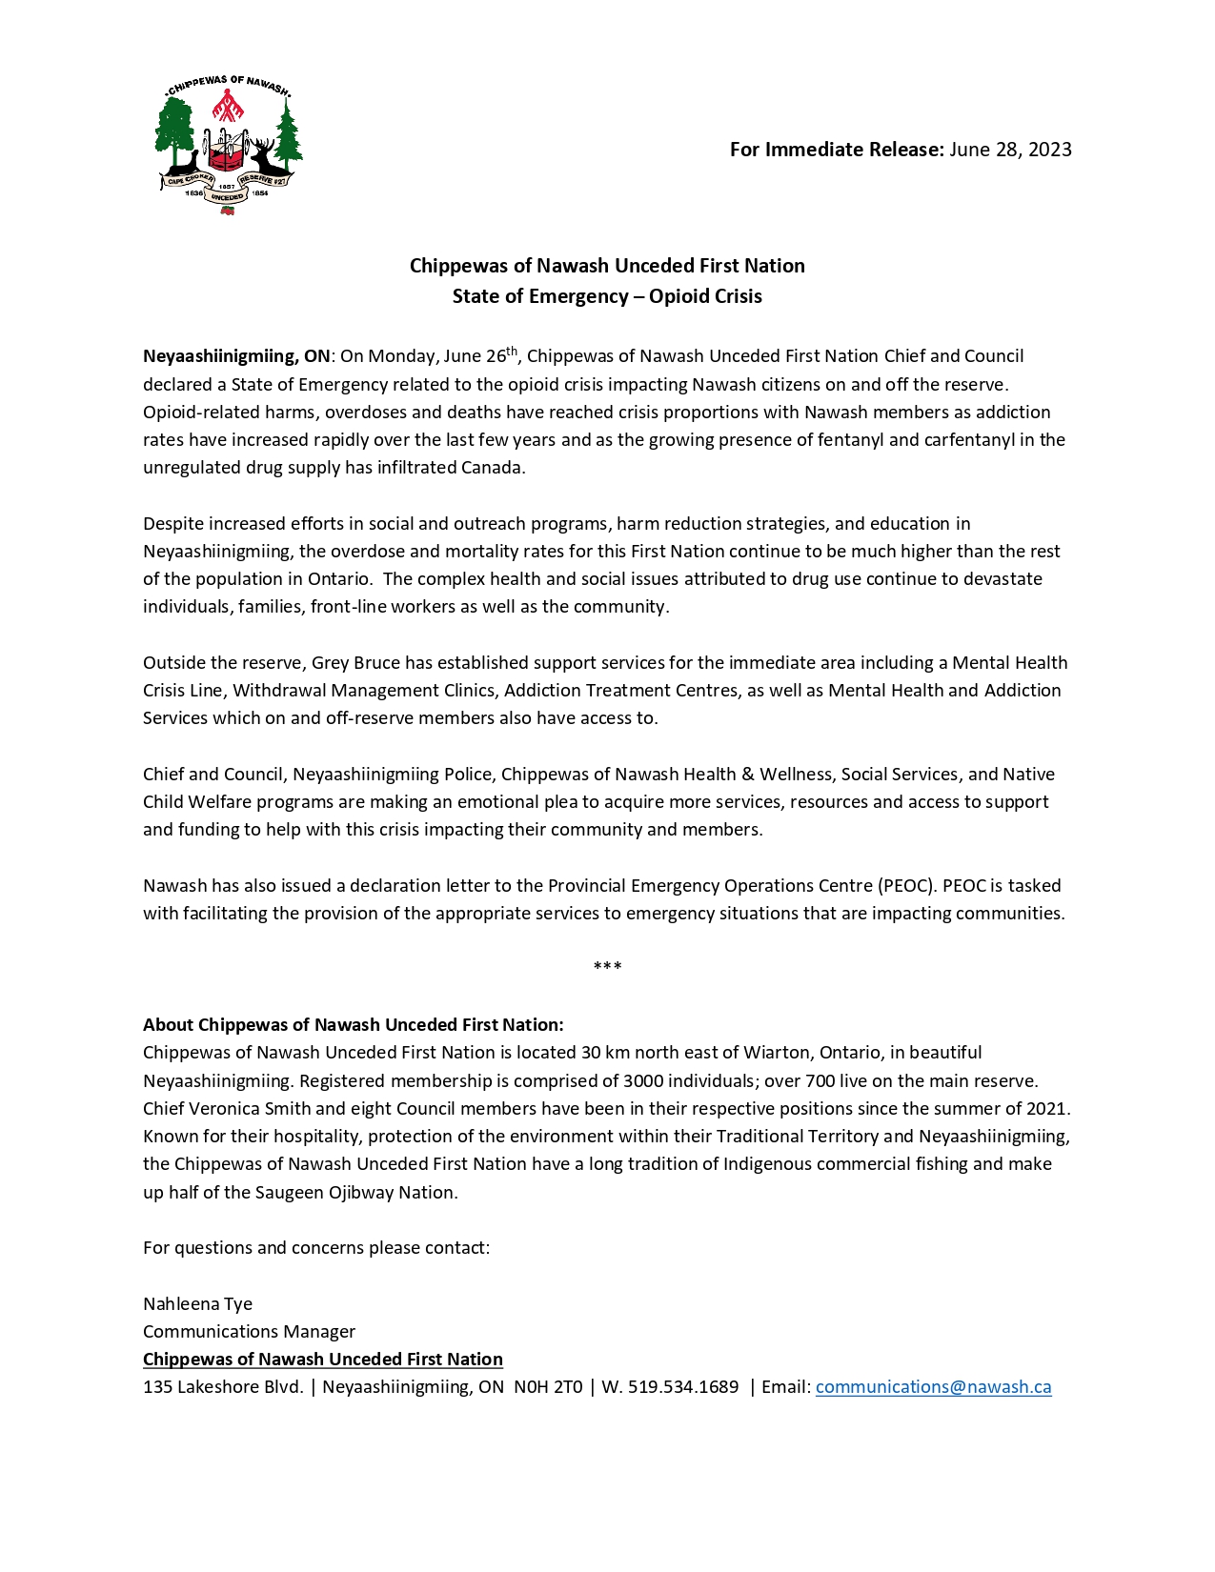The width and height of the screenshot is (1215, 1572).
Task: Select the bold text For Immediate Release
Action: pyautogui.click(x=836, y=150)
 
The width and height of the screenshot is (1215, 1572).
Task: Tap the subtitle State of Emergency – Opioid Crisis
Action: pyautogui.click(x=607, y=296)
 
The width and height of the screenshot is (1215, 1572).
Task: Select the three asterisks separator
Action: pyautogui.click(x=607, y=968)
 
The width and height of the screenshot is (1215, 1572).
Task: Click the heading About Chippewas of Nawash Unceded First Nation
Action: pyautogui.click(x=354, y=1025)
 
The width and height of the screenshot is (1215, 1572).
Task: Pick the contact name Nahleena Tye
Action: pyautogui.click(x=197, y=1304)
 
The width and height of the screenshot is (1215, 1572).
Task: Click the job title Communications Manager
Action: pyautogui.click(x=249, y=1332)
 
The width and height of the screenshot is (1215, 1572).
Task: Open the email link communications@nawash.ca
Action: pyautogui.click(x=933, y=1387)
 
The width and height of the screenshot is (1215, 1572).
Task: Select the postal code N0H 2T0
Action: pyautogui.click(x=548, y=1387)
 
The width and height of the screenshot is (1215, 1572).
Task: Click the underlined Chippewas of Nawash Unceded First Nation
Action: pyautogui.click(x=323, y=1360)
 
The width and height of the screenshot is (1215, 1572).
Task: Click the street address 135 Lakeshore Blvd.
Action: pyautogui.click(x=223, y=1387)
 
